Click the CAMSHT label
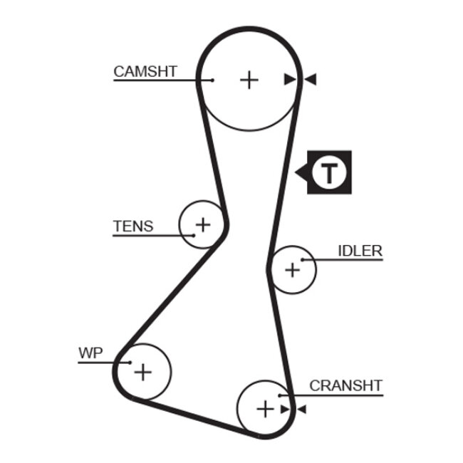click(145, 71)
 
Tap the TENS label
click(133, 227)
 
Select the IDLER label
click(360, 251)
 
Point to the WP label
click(90, 353)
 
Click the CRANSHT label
click(345, 386)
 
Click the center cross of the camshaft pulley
click(249, 79)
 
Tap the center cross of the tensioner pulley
click(203, 225)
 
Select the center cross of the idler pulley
click(292, 270)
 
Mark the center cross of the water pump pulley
click(144, 371)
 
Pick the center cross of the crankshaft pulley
click(264, 409)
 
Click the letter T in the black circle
click(329, 172)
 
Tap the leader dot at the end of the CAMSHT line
click(212, 80)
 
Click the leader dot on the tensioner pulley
click(193, 234)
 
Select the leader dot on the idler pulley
click(302, 260)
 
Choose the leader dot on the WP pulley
click(130, 362)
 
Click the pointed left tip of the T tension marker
click(296, 172)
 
